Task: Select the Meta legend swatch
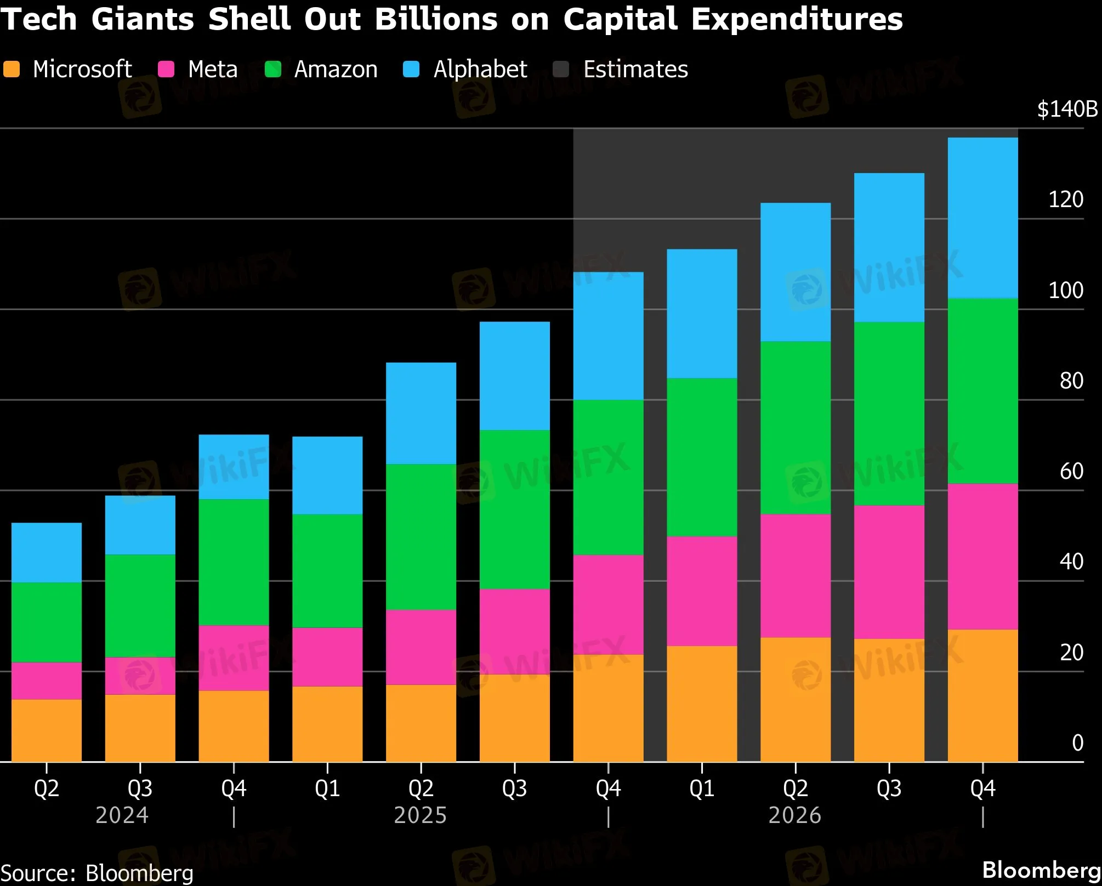[166, 70]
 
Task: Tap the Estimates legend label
[635, 70]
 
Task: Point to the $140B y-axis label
[1067, 110]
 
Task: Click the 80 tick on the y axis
[1071, 381]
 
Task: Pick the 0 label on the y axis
[1077, 743]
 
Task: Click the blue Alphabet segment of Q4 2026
[982, 218]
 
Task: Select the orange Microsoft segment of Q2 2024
[47, 730]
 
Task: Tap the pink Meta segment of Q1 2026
[702, 591]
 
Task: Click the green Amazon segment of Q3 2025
[514, 510]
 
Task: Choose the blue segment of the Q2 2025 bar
[421, 414]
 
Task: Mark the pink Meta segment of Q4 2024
[234, 658]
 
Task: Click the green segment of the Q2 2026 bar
[795, 427]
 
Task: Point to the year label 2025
[421, 816]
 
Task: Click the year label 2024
[122, 816]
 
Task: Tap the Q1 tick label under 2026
[702, 788]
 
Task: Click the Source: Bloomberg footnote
[97, 873]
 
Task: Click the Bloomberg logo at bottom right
[1041, 870]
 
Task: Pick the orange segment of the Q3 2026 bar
[889, 700]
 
